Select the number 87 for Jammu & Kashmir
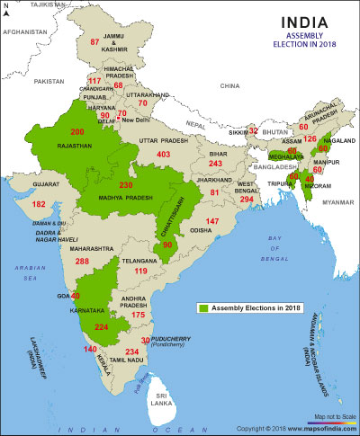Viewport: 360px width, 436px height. [x=95, y=42]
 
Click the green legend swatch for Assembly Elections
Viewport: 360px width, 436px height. [x=204, y=307]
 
